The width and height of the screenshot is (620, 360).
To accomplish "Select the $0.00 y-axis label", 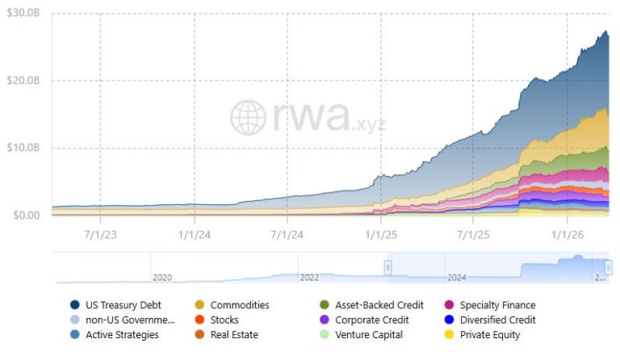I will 26,216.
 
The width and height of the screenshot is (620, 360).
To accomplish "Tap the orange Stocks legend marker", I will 199,320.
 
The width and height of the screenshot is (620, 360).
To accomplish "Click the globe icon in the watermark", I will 248,117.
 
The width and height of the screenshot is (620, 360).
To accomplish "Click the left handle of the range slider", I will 387,267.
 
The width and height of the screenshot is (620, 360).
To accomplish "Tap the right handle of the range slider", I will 609,267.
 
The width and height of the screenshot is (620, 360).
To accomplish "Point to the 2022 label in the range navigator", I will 309,277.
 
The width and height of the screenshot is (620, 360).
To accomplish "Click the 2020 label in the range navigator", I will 162,277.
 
